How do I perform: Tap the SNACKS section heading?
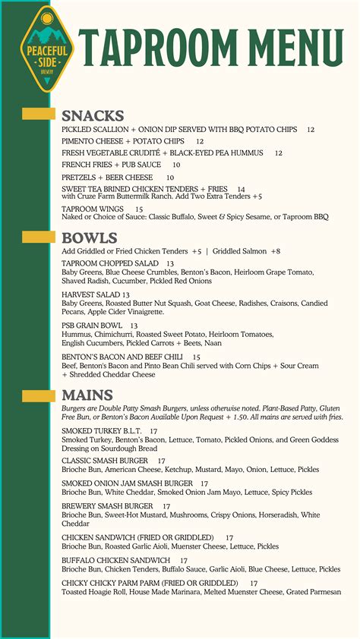click(x=93, y=116)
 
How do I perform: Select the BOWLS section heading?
click(x=90, y=237)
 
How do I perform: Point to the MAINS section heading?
click(x=87, y=395)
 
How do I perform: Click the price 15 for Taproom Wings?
click(x=139, y=209)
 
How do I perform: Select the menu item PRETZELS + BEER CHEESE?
click(x=107, y=178)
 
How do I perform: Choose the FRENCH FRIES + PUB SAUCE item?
click(x=111, y=165)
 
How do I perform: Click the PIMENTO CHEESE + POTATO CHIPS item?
click(x=122, y=141)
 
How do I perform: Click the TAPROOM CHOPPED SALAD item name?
click(x=110, y=263)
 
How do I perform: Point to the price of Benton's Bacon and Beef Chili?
click(x=197, y=357)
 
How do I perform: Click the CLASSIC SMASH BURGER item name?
click(x=105, y=461)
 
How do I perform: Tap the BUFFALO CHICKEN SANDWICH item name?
click(x=115, y=560)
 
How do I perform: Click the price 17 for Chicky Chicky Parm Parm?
click(x=254, y=583)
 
